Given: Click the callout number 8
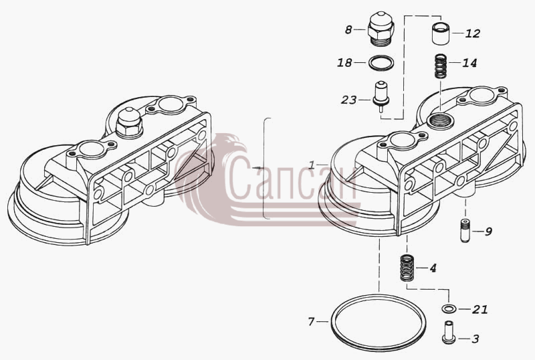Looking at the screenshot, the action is [348, 30].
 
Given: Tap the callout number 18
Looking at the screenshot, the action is [344, 63].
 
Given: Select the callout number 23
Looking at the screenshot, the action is [348, 100].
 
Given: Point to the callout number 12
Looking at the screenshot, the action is [473, 33].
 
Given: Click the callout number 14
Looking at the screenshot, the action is [469, 63].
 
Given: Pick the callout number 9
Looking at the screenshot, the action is [488, 232].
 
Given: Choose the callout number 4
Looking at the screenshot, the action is [433, 268].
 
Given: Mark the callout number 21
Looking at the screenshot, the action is [480, 309].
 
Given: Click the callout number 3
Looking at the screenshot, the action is [475, 339].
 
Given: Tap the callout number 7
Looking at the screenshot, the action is [311, 321].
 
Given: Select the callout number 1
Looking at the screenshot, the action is [312, 165].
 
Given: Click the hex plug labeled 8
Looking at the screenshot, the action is [381, 31].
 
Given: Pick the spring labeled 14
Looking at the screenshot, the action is [441, 66].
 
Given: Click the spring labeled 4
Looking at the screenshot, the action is [407, 268].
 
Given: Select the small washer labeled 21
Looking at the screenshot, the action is [447, 309].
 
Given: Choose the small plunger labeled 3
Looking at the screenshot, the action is [447, 331].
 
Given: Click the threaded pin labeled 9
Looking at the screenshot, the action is [465, 231].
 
